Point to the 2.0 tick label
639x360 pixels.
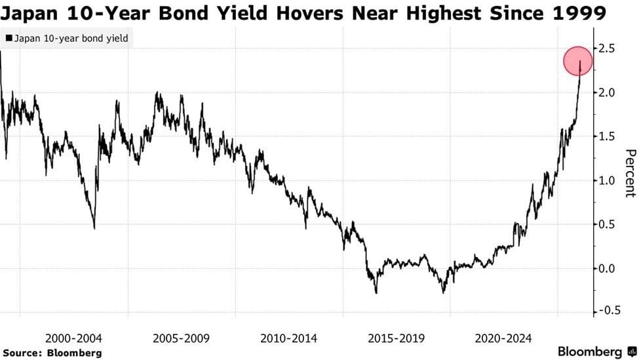pyautogui.click(x=606, y=92)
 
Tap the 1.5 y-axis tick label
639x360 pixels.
pyautogui.click(x=606, y=136)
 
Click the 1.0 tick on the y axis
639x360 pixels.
pyautogui.click(x=606, y=180)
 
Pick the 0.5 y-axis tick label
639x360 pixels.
pyautogui.click(x=606, y=224)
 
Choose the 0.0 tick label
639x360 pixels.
pyautogui.click(x=606, y=268)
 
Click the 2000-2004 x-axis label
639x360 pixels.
pyautogui.click(x=73, y=338)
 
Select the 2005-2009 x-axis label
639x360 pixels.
pyautogui.click(x=181, y=338)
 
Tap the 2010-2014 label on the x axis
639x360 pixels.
pyautogui.click(x=288, y=338)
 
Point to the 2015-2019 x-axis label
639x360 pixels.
pyautogui.click(x=396, y=338)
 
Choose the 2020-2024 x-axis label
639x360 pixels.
pyautogui.click(x=503, y=338)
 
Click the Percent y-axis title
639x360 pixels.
pyautogui.click(x=630, y=173)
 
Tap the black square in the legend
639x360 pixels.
pyautogui.click(x=8, y=39)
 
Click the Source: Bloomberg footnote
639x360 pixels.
pyautogui.click(x=51, y=353)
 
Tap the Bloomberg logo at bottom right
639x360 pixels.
pyautogui.click(x=594, y=352)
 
